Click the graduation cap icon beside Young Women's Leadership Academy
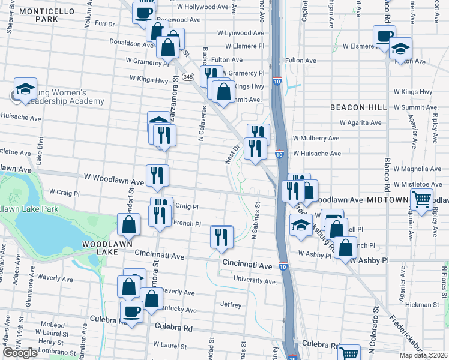click(26, 90)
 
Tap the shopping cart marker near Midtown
click(422, 199)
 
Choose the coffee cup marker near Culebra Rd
click(132, 311)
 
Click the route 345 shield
click(188, 77)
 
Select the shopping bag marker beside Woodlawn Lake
click(129, 225)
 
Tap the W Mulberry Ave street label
click(316, 138)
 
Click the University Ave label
click(255, 280)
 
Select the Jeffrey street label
click(231, 305)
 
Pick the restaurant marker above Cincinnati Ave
click(221, 237)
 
